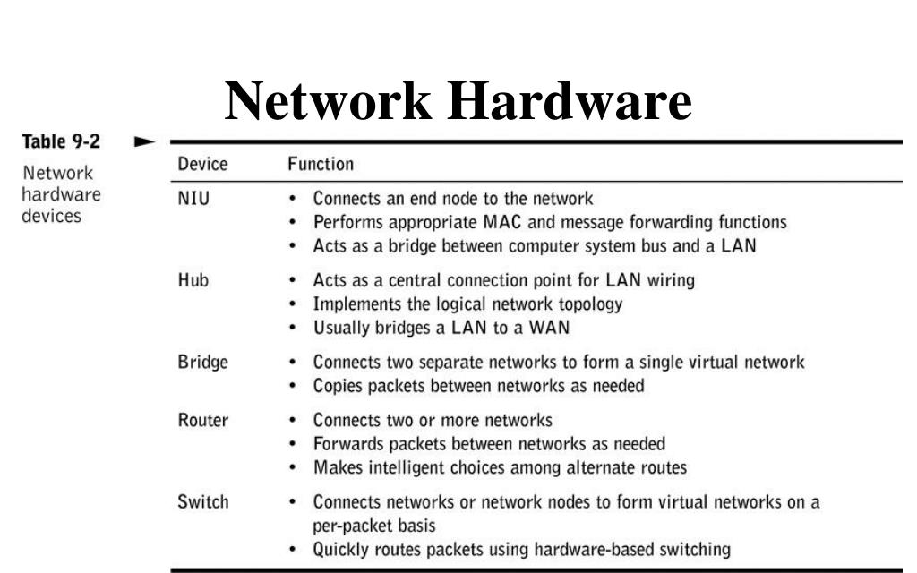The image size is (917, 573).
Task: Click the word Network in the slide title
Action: coord(328,100)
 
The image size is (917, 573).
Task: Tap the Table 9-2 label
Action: coord(60,141)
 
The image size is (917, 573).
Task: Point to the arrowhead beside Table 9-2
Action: coord(143,141)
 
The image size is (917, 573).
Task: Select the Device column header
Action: coord(203,165)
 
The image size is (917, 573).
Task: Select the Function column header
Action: coord(321,165)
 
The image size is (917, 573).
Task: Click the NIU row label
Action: coord(193,198)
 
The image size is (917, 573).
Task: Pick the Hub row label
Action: coord(193,280)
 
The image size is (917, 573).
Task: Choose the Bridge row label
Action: coord(203,363)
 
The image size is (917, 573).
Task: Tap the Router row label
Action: coord(203,420)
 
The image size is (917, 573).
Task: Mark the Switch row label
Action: coord(203,502)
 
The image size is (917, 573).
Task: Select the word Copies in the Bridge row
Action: coord(338,387)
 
